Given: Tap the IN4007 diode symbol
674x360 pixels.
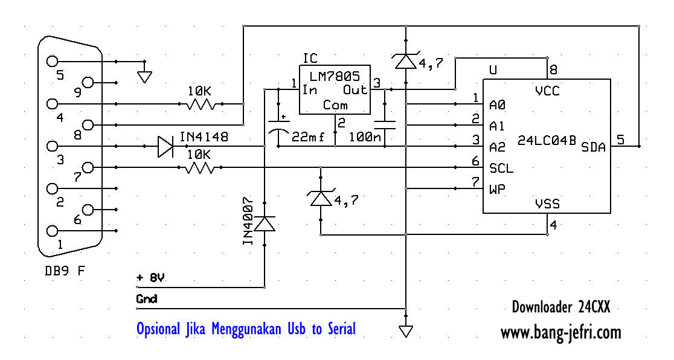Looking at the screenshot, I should tap(265, 224).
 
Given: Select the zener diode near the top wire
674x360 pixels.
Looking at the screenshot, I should tap(405, 60).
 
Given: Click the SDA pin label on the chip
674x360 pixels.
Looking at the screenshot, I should tap(593, 147).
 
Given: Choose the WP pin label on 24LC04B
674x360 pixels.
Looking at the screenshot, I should tap(498, 188).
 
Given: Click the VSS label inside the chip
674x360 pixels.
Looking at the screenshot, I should tap(547, 204).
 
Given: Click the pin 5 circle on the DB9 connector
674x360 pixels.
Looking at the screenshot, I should tap(52, 61).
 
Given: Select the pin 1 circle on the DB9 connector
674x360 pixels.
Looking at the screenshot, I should tap(52, 231).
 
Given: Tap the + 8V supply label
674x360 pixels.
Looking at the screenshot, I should tap(151, 278).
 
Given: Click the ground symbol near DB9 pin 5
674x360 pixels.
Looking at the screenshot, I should tap(144, 76).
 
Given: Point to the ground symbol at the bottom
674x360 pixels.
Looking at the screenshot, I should tap(406, 331).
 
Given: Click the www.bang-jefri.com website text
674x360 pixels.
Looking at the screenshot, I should tap(560, 332).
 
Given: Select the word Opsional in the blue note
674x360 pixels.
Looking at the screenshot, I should tap(158, 329).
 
